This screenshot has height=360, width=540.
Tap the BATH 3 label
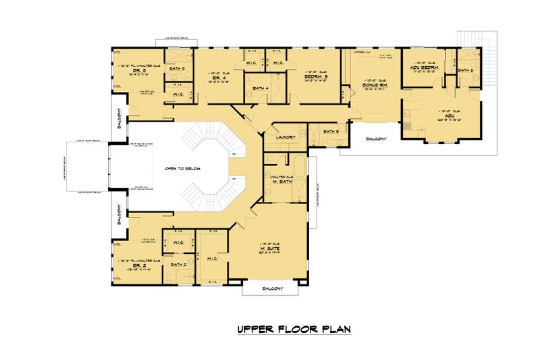(178, 68)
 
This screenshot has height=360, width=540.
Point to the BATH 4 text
(261, 88)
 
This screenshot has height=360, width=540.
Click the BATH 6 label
(466, 70)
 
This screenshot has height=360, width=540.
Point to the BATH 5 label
(331, 131)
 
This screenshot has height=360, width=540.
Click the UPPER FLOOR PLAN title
(294, 330)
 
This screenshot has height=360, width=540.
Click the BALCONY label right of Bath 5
(376, 139)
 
